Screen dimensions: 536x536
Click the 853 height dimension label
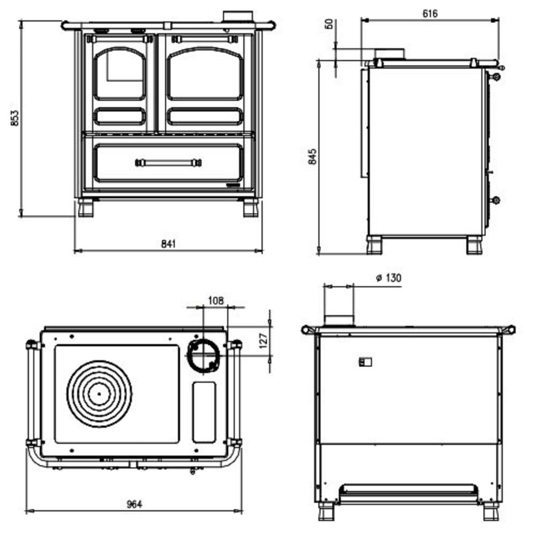tap(15, 118)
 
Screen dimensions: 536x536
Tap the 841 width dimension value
tap(168, 244)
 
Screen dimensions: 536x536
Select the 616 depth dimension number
tap(430, 13)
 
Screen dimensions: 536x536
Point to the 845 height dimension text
tap(313, 157)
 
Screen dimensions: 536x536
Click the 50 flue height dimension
tap(329, 24)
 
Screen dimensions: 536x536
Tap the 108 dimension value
tap(216, 301)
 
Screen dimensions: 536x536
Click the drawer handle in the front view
tap(168, 163)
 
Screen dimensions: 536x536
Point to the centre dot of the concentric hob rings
tap(99, 394)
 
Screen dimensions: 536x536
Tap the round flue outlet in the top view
tap(203, 356)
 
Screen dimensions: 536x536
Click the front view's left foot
tap(86, 207)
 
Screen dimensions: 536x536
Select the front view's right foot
tap(251, 207)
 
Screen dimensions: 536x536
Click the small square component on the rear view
tap(365, 362)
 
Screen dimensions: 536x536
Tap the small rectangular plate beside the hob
tap(204, 412)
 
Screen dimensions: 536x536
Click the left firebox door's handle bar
tap(120, 39)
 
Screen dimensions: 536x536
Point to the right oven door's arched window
tap(205, 74)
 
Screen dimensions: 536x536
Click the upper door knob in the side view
tap(497, 76)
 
